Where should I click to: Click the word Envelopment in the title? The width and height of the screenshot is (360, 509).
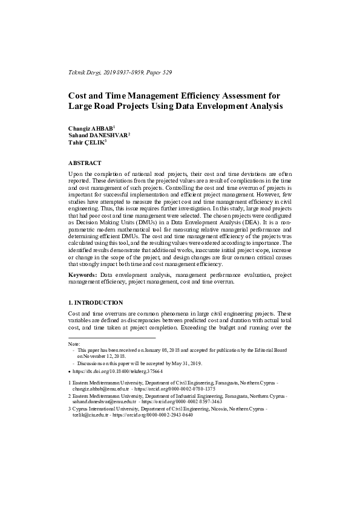coord(227,106)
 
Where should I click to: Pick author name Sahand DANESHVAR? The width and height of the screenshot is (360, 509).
coord(97,137)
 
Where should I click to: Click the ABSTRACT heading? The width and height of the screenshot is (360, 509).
coord(85,163)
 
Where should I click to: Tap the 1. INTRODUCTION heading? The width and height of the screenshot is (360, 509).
coord(96,302)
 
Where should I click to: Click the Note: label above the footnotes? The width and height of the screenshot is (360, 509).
coord(74,343)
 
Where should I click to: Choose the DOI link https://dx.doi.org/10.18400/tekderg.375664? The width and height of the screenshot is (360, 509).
coord(115,371)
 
